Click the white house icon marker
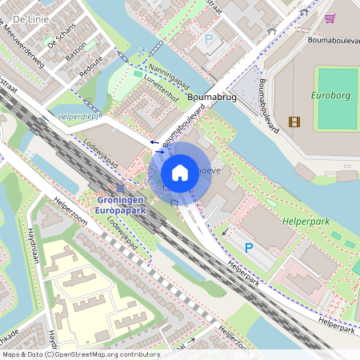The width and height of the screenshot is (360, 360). click(x=180, y=173)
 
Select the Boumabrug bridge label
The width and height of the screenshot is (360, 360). click(x=210, y=96)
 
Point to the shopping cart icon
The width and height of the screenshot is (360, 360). click(x=330, y=18)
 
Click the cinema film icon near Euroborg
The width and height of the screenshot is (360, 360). click(x=295, y=122)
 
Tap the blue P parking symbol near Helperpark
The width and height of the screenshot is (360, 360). click(x=248, y=249)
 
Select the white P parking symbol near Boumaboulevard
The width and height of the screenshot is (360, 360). click(x=210, y=38)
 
